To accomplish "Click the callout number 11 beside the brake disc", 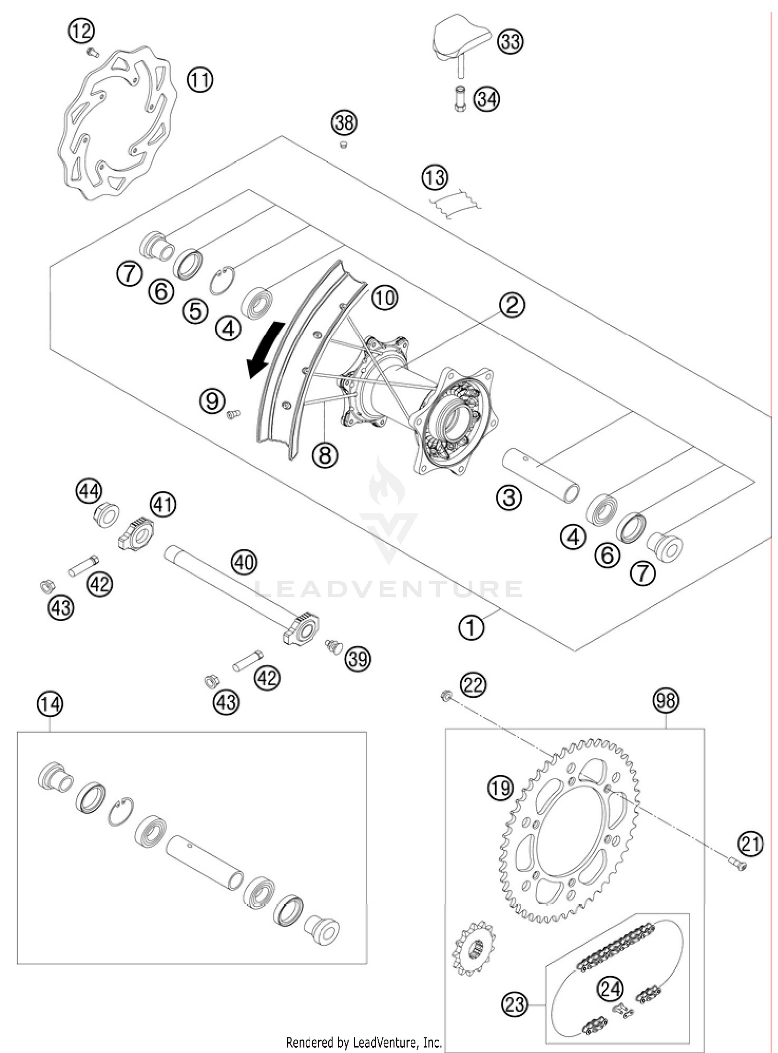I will [x=200, y=80].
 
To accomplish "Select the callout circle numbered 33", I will [x=510, y=41].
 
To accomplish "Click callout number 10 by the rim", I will [x=384, y=298].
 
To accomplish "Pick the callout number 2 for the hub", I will [x=511, y=305].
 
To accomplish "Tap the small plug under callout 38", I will [x=343, y=145].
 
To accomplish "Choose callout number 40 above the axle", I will [x=244, y=562].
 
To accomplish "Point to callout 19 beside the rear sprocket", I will [x=499, y=788].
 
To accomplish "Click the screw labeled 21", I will [x=741, y=864].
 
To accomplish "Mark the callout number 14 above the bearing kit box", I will [x=50, y=704].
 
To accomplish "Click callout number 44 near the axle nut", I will [x=89, y=491].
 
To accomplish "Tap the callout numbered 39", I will [x=358, y=658].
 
